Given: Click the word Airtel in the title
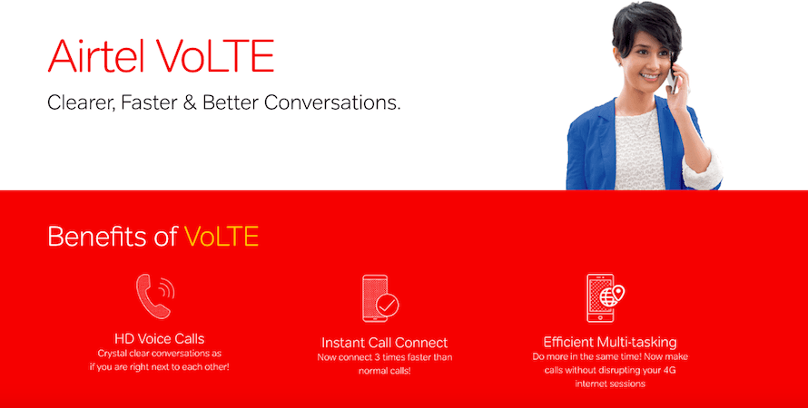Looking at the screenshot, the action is tap(96, 55).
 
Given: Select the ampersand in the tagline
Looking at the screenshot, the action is tap(190, 102).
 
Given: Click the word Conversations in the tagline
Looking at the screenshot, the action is tap(332, 102).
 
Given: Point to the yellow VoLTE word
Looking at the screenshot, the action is tap(222, 236).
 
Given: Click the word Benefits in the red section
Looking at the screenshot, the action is tap(96, 236).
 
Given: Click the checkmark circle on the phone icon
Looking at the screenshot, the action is tap(387, 306).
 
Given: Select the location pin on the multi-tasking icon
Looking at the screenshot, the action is tap(617, 293).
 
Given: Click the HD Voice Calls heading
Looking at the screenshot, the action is tap(159, 338).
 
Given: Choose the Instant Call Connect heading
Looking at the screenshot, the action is tap(384, 343).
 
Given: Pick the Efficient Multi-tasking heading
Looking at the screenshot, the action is tap(610, 342).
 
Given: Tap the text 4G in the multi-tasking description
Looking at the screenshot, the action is tap(669, 370).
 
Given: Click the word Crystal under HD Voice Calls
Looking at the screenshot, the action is tap(110, 354).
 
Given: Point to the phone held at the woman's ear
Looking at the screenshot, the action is tap(672, 78).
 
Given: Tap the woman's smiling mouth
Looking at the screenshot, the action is tap(650, 77).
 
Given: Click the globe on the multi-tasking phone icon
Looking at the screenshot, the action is tap(607, 297).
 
